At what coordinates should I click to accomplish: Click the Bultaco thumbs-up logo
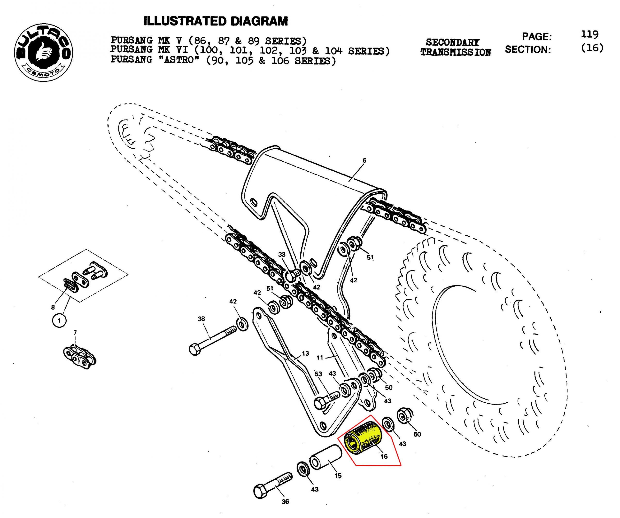click(43, 53)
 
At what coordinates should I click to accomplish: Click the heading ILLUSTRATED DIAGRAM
click(216, 21)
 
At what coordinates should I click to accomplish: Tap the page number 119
click(589, 35)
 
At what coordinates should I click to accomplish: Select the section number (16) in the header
click(592, 48)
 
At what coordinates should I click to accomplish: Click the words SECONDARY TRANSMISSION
click(456, 47)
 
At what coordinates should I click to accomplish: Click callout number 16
click(384, 456)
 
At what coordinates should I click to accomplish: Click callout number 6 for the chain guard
click(364, 160)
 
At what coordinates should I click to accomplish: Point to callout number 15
click(338, 475)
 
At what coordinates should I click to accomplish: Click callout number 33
click(282, 255)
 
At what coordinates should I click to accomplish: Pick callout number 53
click(318, 374)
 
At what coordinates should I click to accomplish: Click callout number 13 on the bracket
click(305, 353)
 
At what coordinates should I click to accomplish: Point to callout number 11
click(320, 358)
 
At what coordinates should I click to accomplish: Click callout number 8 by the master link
click(53, 307)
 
